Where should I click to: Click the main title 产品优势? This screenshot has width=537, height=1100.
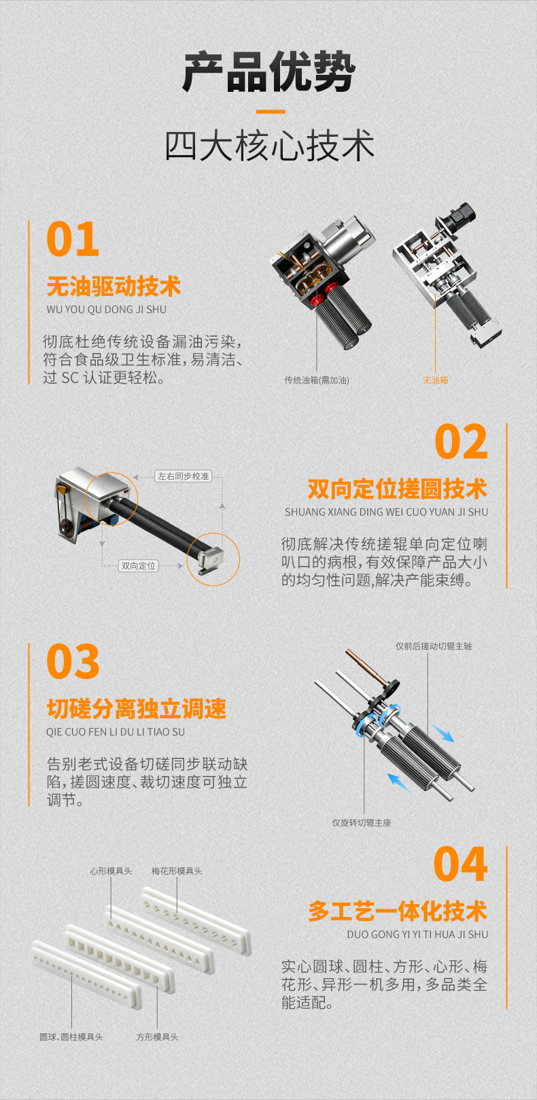268,71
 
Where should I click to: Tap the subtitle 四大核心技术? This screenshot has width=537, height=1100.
269,146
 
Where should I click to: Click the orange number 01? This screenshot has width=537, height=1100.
73,239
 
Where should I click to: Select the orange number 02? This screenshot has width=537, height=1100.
461,441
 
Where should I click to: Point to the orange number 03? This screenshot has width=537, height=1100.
73,661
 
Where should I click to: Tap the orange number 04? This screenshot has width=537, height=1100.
460,864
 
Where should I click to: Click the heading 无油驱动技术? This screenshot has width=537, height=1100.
114,286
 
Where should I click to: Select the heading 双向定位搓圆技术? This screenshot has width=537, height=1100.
398,488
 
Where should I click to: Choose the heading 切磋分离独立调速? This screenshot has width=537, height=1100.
137,709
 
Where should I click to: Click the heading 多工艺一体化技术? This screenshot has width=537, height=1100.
398,911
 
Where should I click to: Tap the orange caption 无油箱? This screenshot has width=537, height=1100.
436,380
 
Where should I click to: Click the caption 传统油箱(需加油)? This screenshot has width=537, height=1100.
317,380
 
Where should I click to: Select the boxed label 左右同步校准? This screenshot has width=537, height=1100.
183,476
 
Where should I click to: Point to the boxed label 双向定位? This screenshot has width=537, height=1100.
139,566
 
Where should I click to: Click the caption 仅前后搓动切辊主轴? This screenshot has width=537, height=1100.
434,646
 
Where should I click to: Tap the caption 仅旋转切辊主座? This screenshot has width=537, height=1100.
362,822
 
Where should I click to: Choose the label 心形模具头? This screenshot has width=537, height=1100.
111,871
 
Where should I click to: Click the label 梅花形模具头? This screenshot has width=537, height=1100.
177,871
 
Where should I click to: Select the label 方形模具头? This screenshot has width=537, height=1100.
157,1037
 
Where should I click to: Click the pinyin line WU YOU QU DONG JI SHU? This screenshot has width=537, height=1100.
107,310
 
